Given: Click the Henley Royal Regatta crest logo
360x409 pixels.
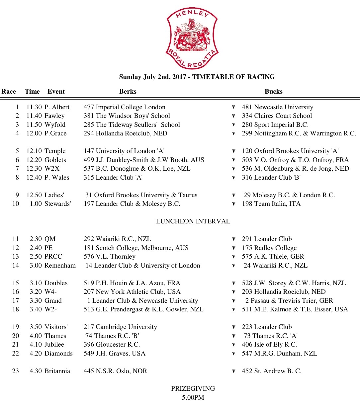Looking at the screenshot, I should pyautogui.click(x=192, y=38).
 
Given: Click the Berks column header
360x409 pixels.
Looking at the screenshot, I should pyautogui.click(x=128, y=92).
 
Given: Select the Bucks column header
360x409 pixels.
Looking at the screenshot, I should pyautogui.click(x=273, y=92).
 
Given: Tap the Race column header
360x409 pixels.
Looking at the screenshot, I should pyautogui.click(x=9, y=92).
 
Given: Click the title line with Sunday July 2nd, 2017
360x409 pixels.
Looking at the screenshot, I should pyautogui.click(x=197, y=77).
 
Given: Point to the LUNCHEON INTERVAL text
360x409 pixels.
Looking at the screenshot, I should pyautogui.click(x=193, y=221).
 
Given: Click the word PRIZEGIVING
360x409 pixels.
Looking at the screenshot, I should pyautogui.click(x=193, y=389).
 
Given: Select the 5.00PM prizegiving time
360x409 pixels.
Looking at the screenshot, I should pyautogui.click(x=193, y=397).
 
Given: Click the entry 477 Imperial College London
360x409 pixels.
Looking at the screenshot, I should pyautogui.click(x=125, y=107).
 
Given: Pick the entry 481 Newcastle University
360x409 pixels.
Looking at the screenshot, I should pyautogui.click(x=277, y=107).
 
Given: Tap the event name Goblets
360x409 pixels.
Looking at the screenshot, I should pyautogui.click(x=55, y=160).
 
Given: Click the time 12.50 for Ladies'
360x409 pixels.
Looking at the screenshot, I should pyautogui.click(x=34, y=195).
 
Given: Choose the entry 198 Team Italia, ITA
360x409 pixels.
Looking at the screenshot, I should pyautogui.click(x=271, y=204).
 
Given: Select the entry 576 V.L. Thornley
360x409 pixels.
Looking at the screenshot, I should pyautogui.click(x=110, y=257).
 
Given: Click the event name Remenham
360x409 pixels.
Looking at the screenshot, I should pyautogui.click(x=60, y=266).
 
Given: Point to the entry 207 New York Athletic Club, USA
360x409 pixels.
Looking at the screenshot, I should pyautogui.click(x=132, y=292).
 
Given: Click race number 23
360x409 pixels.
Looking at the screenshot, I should pyautogui.click(x=16, y=371).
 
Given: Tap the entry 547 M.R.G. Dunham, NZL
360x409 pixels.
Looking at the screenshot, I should pyautogui.click(x=279, y=354).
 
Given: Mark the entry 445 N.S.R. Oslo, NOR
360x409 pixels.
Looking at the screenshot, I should pyautogui.click(x=115, y=371).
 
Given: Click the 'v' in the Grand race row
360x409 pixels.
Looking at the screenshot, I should pyautogui.click(x=233, y=300).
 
